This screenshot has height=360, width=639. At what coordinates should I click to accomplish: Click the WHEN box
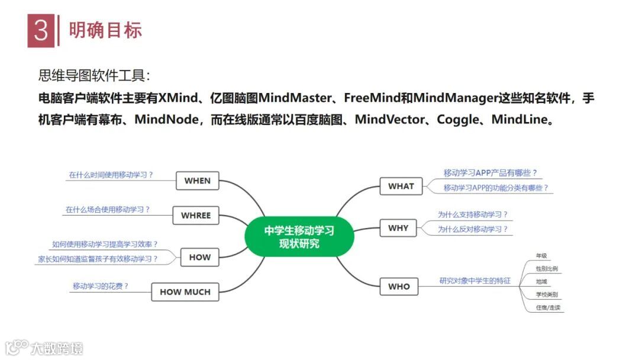tap(197, 181)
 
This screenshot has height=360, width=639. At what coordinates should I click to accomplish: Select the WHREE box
tap(196, 216)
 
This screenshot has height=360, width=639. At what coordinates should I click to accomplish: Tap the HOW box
tap(199, 257)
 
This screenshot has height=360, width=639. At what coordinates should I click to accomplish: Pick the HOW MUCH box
tap(185, 292)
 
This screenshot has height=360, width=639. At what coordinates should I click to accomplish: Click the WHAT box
tap(401, 186)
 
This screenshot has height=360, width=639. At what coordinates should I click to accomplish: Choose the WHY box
tap(398, 228)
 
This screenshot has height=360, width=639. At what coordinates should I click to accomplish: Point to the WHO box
tap(399, 287)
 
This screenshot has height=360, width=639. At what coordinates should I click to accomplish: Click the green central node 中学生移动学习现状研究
tap(299, 236)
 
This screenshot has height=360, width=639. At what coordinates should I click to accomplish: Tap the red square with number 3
tap(41, 30)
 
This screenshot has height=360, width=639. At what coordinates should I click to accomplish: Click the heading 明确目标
tap(105, 30)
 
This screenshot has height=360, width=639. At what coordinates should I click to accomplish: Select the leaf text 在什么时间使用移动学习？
tap(111, 175)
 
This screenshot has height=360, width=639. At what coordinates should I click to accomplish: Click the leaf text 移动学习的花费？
tap(101, 286)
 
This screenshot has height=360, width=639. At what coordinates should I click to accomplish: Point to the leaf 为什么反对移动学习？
tap(473, 229)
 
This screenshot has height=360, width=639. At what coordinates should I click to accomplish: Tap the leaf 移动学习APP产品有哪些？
tap(490, 173)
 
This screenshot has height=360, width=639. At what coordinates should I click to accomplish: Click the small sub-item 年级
tap(541, 256)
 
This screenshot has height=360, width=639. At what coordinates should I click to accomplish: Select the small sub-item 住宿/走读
tap(547, 307)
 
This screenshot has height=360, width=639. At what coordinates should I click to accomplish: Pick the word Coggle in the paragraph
tap(457, 120)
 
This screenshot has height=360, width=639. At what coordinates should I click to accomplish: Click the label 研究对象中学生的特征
tap(475, 281)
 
